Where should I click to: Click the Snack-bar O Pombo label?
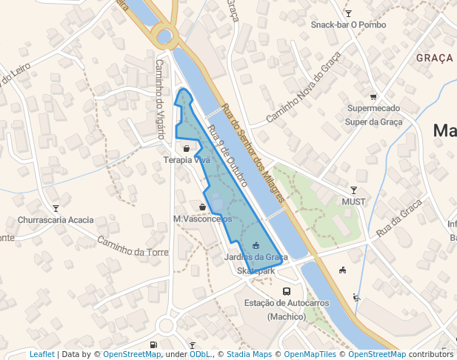[x=348, y=24]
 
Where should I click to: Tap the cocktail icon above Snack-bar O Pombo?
[x=348, y=13]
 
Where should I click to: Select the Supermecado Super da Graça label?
[x=374, y=115]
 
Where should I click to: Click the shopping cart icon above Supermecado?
[x=373, y=96]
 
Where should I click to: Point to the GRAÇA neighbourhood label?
[x=434, y=58]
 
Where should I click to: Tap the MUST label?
[x=353, y=201]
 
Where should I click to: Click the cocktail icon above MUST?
[x=353, y=190]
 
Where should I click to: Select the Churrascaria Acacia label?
[x=56, y=220]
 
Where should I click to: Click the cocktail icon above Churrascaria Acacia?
[x=56, y=208]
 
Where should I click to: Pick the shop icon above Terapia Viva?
[x=186, y=148]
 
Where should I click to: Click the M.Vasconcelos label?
[x=202, y=219]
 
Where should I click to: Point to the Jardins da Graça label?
[x=256, y=257]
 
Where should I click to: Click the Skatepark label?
[x=256, y=271]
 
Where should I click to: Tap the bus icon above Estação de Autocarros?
[x=286, y=291]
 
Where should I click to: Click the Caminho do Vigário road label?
[x=159, y=99]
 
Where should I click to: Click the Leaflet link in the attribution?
[x=41, y=354]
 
